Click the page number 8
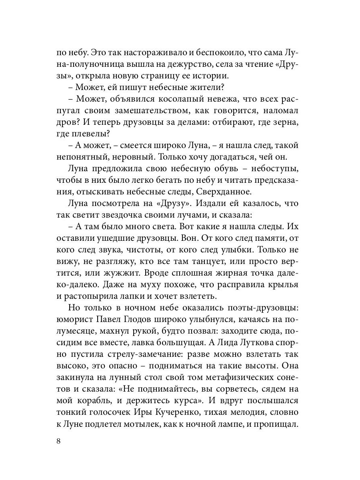pyautogui.click(x=58, y=441)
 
